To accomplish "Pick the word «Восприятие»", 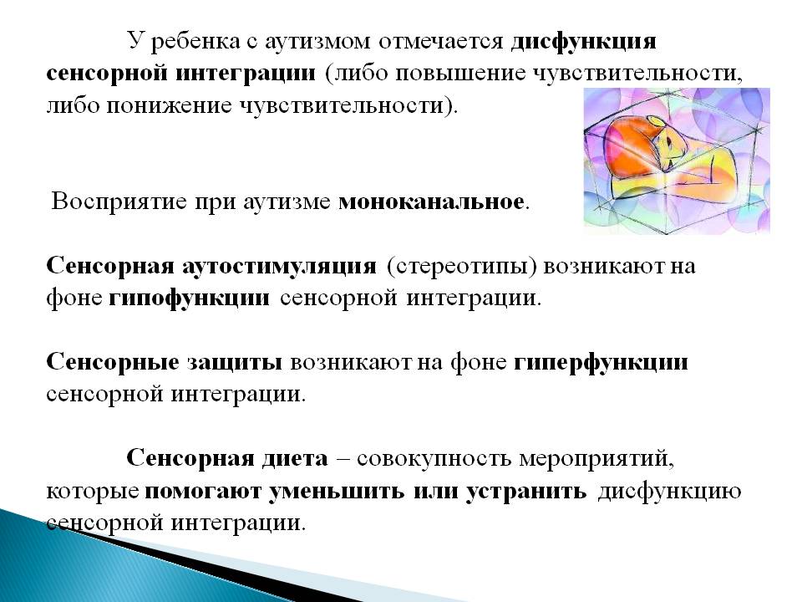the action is [x=119, y=202].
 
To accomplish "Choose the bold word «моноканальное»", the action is [x=432, y=202].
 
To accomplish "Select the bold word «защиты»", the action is [x=234, y=363].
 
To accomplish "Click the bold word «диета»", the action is [x=295, y=458].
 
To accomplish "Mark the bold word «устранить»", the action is [x=526, y=492].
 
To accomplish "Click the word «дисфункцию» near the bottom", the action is [x=669, y=492].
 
